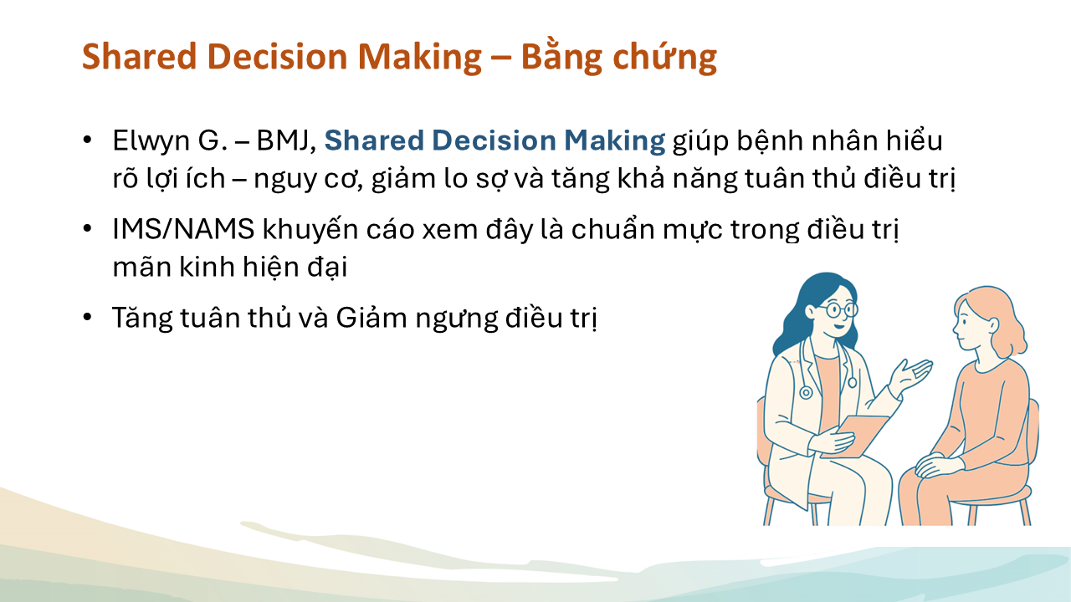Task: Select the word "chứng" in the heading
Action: tap(664, 57)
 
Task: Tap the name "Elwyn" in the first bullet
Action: tap(151, 141)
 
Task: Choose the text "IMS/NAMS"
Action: tap(183, 229)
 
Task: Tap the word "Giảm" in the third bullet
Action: tap(372, 317)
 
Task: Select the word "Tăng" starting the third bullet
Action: tap(142, 319)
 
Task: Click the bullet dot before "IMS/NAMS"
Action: tap(87, 228)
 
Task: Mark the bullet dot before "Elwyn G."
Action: tap(87, 140)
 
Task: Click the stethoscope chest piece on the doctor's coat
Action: tap(806, 393)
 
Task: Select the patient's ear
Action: tap(993, 326)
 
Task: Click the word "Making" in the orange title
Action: tap(420, 57)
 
